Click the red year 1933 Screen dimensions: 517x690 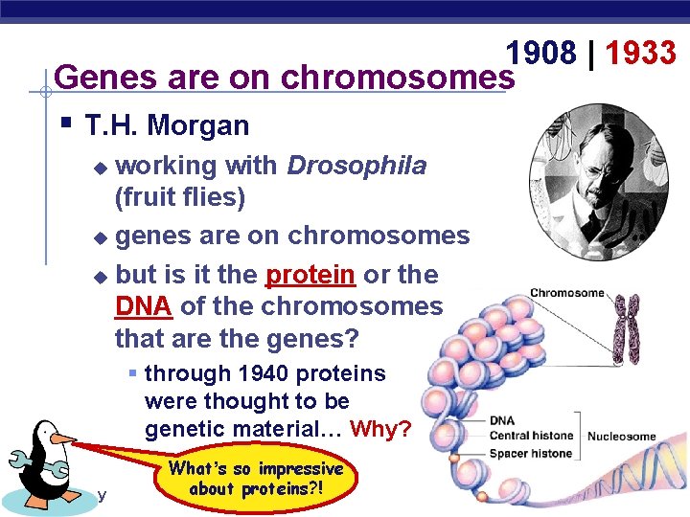640,54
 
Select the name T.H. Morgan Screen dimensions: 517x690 167,125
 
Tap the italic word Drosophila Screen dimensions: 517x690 356,166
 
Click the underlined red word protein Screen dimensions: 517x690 310,275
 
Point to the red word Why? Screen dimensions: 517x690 380,429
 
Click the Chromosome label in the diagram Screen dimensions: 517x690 567,293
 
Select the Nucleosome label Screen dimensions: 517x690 621,437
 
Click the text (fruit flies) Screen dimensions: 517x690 179,198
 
